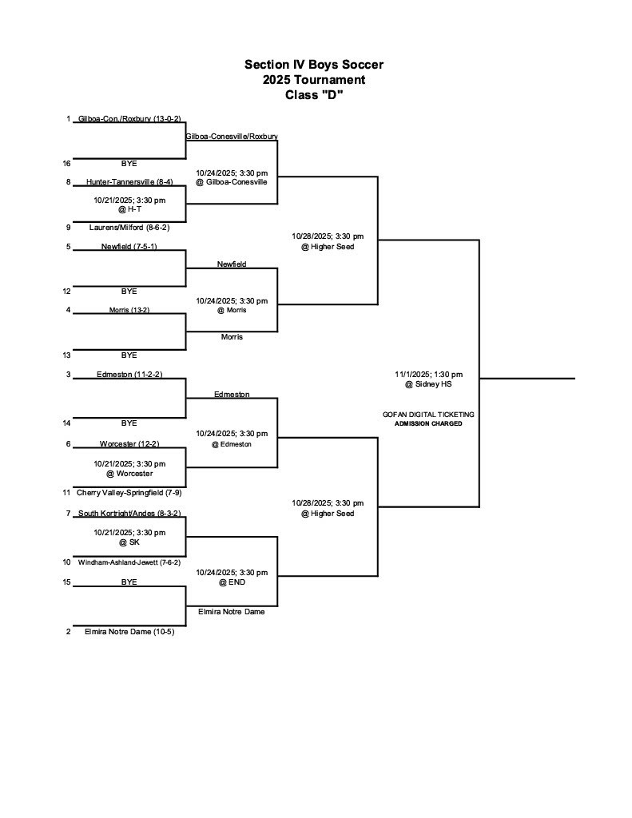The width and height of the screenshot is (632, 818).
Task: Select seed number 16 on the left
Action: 68,163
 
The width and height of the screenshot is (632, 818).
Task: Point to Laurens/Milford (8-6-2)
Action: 129,228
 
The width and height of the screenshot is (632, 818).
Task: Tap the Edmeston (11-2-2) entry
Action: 129,375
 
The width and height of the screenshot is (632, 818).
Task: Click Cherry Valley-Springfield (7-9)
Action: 129,493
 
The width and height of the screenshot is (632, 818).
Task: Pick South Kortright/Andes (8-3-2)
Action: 129,514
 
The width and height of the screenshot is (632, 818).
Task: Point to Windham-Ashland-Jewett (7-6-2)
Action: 129,562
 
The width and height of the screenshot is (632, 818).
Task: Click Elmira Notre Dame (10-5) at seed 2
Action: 129,632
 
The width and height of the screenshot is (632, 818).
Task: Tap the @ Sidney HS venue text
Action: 428,385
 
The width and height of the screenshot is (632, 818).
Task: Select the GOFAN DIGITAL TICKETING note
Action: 428,415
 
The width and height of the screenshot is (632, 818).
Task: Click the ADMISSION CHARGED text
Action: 428,423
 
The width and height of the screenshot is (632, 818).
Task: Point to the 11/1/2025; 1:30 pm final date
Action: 428,375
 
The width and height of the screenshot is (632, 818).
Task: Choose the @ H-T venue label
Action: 129,209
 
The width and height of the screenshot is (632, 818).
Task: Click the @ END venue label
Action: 232,582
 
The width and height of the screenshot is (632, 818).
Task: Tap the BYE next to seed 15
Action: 129,582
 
